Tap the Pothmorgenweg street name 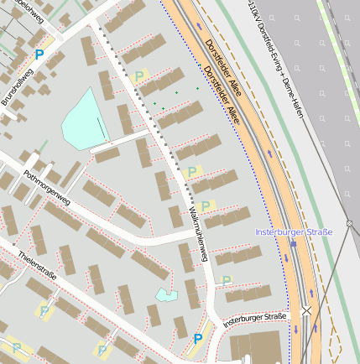tap(48, 188)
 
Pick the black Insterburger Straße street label tap(256, 319)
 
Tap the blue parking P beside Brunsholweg tap(39, 55)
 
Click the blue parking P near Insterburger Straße tap(198, 339)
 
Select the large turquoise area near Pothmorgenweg tap(84, 122)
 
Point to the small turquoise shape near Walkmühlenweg tap(166, 294)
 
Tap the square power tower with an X tap(306, 309)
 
